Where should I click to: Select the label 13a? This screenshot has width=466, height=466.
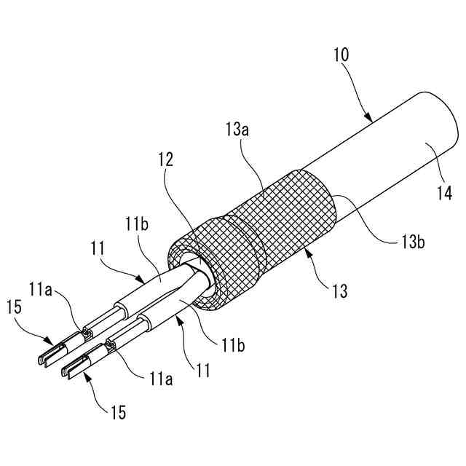[237, 132]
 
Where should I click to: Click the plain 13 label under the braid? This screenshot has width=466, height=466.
[339, 293]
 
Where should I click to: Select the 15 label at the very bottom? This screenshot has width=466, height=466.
[118, 413]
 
